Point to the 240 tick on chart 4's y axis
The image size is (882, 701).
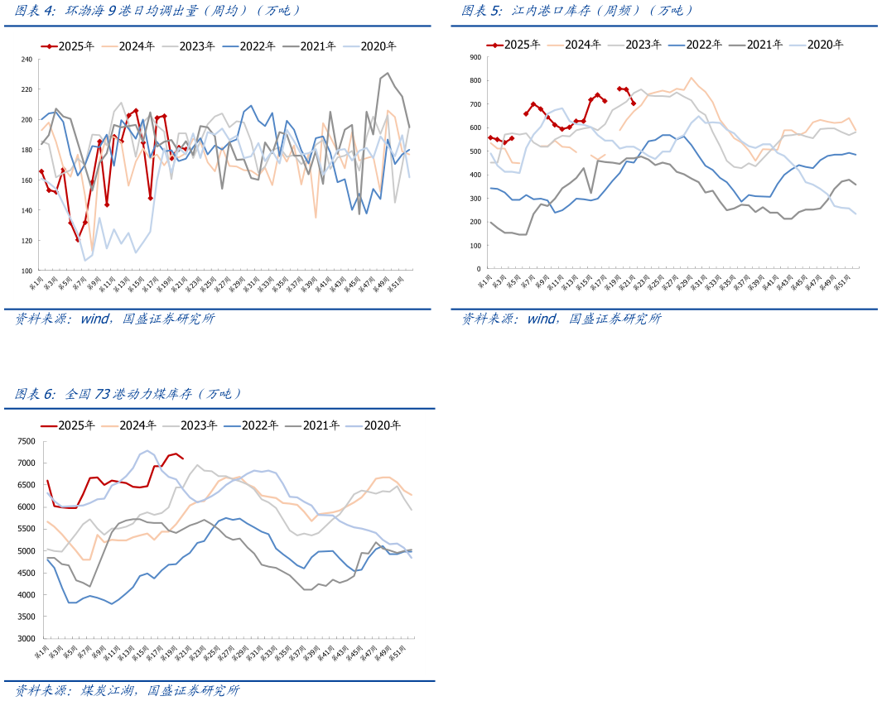pyautogui.click(x=26, y=60)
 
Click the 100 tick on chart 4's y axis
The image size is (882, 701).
pyautogui.click(x=26, y=271)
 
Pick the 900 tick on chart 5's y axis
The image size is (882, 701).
pyautogui.click(x=475, y=57)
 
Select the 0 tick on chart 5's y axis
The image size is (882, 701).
pyautogui.click(x=479, y=269)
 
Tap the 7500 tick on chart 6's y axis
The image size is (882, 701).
pyautogui.click(x=25, y=441)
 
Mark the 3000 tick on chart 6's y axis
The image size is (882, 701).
pyautogui.click(x=25, y=639)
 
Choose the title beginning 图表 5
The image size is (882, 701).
pyautogui.click(x=577, y=11)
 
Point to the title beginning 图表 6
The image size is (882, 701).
pyautogui.click(x=128, y=394)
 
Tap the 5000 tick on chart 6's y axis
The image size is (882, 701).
pyautogui.click(x=25, y=551)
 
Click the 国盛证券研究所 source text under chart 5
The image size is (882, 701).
pyautogui.click(x=615, y=319)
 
